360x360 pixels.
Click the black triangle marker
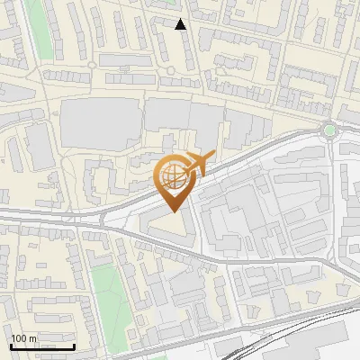tap(181, 24)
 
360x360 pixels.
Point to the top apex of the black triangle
tap(181, 19)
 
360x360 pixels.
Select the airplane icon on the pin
tap(200, 163)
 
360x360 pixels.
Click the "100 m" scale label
tap(23, 338)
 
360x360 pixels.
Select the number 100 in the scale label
tap(19, 338)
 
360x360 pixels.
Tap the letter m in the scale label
tap(32, 338)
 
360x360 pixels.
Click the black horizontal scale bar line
tap(42, 346)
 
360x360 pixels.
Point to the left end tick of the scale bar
tap(11, 345)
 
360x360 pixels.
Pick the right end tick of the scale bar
tap(74, 345)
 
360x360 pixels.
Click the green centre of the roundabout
tap(330, 130)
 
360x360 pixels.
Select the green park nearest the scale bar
tap(108, 297)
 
